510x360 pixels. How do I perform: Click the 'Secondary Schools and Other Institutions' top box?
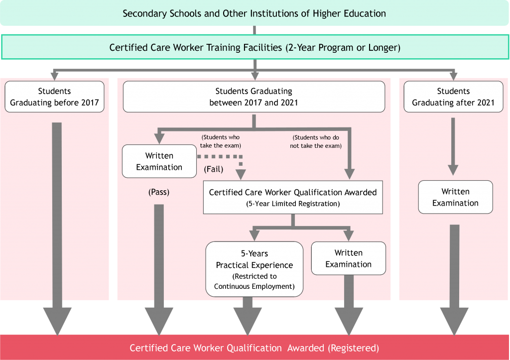point(255,13)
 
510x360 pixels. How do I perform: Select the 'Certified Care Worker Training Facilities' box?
point(255,48)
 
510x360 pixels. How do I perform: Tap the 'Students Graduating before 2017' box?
point(55,97)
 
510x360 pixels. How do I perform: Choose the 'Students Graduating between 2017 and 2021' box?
point(254,97)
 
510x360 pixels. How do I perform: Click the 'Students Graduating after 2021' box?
point(453,97)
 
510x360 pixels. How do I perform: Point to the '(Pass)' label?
point(159,192)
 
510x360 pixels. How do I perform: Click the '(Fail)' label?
point(214,169)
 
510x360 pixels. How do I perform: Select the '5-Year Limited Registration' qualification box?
point(293,198)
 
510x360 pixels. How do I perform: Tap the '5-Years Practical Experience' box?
point(254,269)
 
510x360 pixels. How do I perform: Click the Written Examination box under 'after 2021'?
point(455,197)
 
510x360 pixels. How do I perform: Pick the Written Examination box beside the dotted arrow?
point(159,161)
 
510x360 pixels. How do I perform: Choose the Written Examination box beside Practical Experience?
point(349,258)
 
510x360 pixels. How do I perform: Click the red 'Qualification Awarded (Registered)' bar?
point(255,348)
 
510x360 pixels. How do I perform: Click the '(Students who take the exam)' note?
point(221,141)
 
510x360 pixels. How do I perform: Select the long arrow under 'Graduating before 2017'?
point(57,224)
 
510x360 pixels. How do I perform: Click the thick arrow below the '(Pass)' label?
point(159,264)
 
